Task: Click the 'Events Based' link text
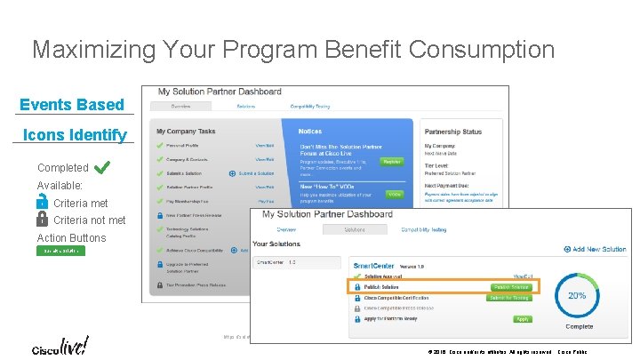point(72,105)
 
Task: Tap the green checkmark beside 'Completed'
point(101,167)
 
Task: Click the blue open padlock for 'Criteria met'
point(42,203)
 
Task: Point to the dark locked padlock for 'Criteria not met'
point(42,219)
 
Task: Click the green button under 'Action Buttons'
point(60,251)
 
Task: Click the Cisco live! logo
point(60,346)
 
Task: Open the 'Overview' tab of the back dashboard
point(180,107)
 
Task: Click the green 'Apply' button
point(523,319)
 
